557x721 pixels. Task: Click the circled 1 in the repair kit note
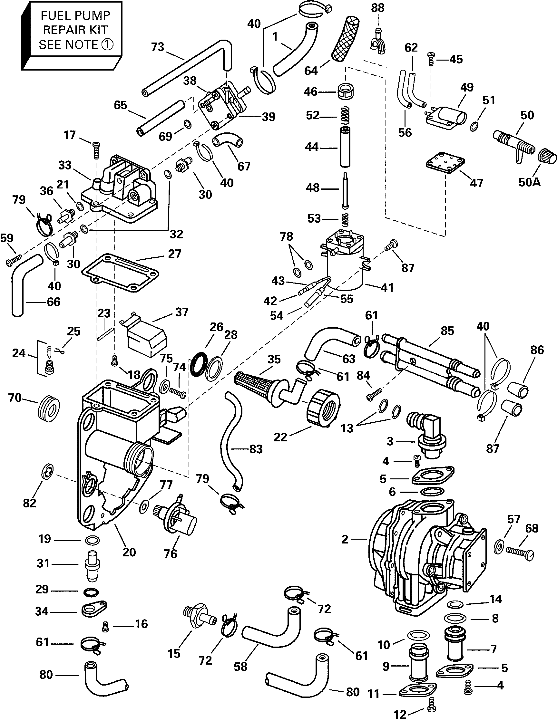pos(107,44)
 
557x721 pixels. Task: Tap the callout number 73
pos(158,47)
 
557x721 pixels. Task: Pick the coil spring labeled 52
pos(345,115)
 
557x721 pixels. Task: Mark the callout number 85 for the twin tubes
pos(448,331)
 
